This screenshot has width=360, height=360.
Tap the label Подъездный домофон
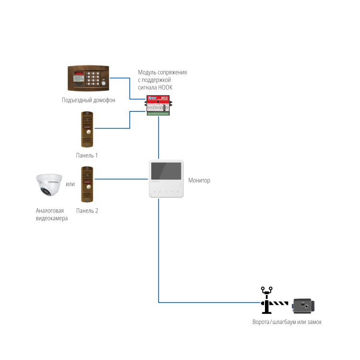coord(88,100)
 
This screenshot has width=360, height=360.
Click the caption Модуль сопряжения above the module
coord(162,72)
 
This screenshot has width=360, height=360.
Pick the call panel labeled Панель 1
coord(87,130)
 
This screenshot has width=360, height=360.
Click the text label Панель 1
coord(87,156)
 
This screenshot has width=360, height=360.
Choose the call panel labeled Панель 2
coord(87,184)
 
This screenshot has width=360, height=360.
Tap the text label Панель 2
coord(87,210)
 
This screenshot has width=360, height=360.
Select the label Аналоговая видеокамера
coord(51,214)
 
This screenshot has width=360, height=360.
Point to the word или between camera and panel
coord(70,184)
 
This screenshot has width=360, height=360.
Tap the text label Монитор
coord(199,180)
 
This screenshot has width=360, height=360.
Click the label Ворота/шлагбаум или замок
coord(287,322)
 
